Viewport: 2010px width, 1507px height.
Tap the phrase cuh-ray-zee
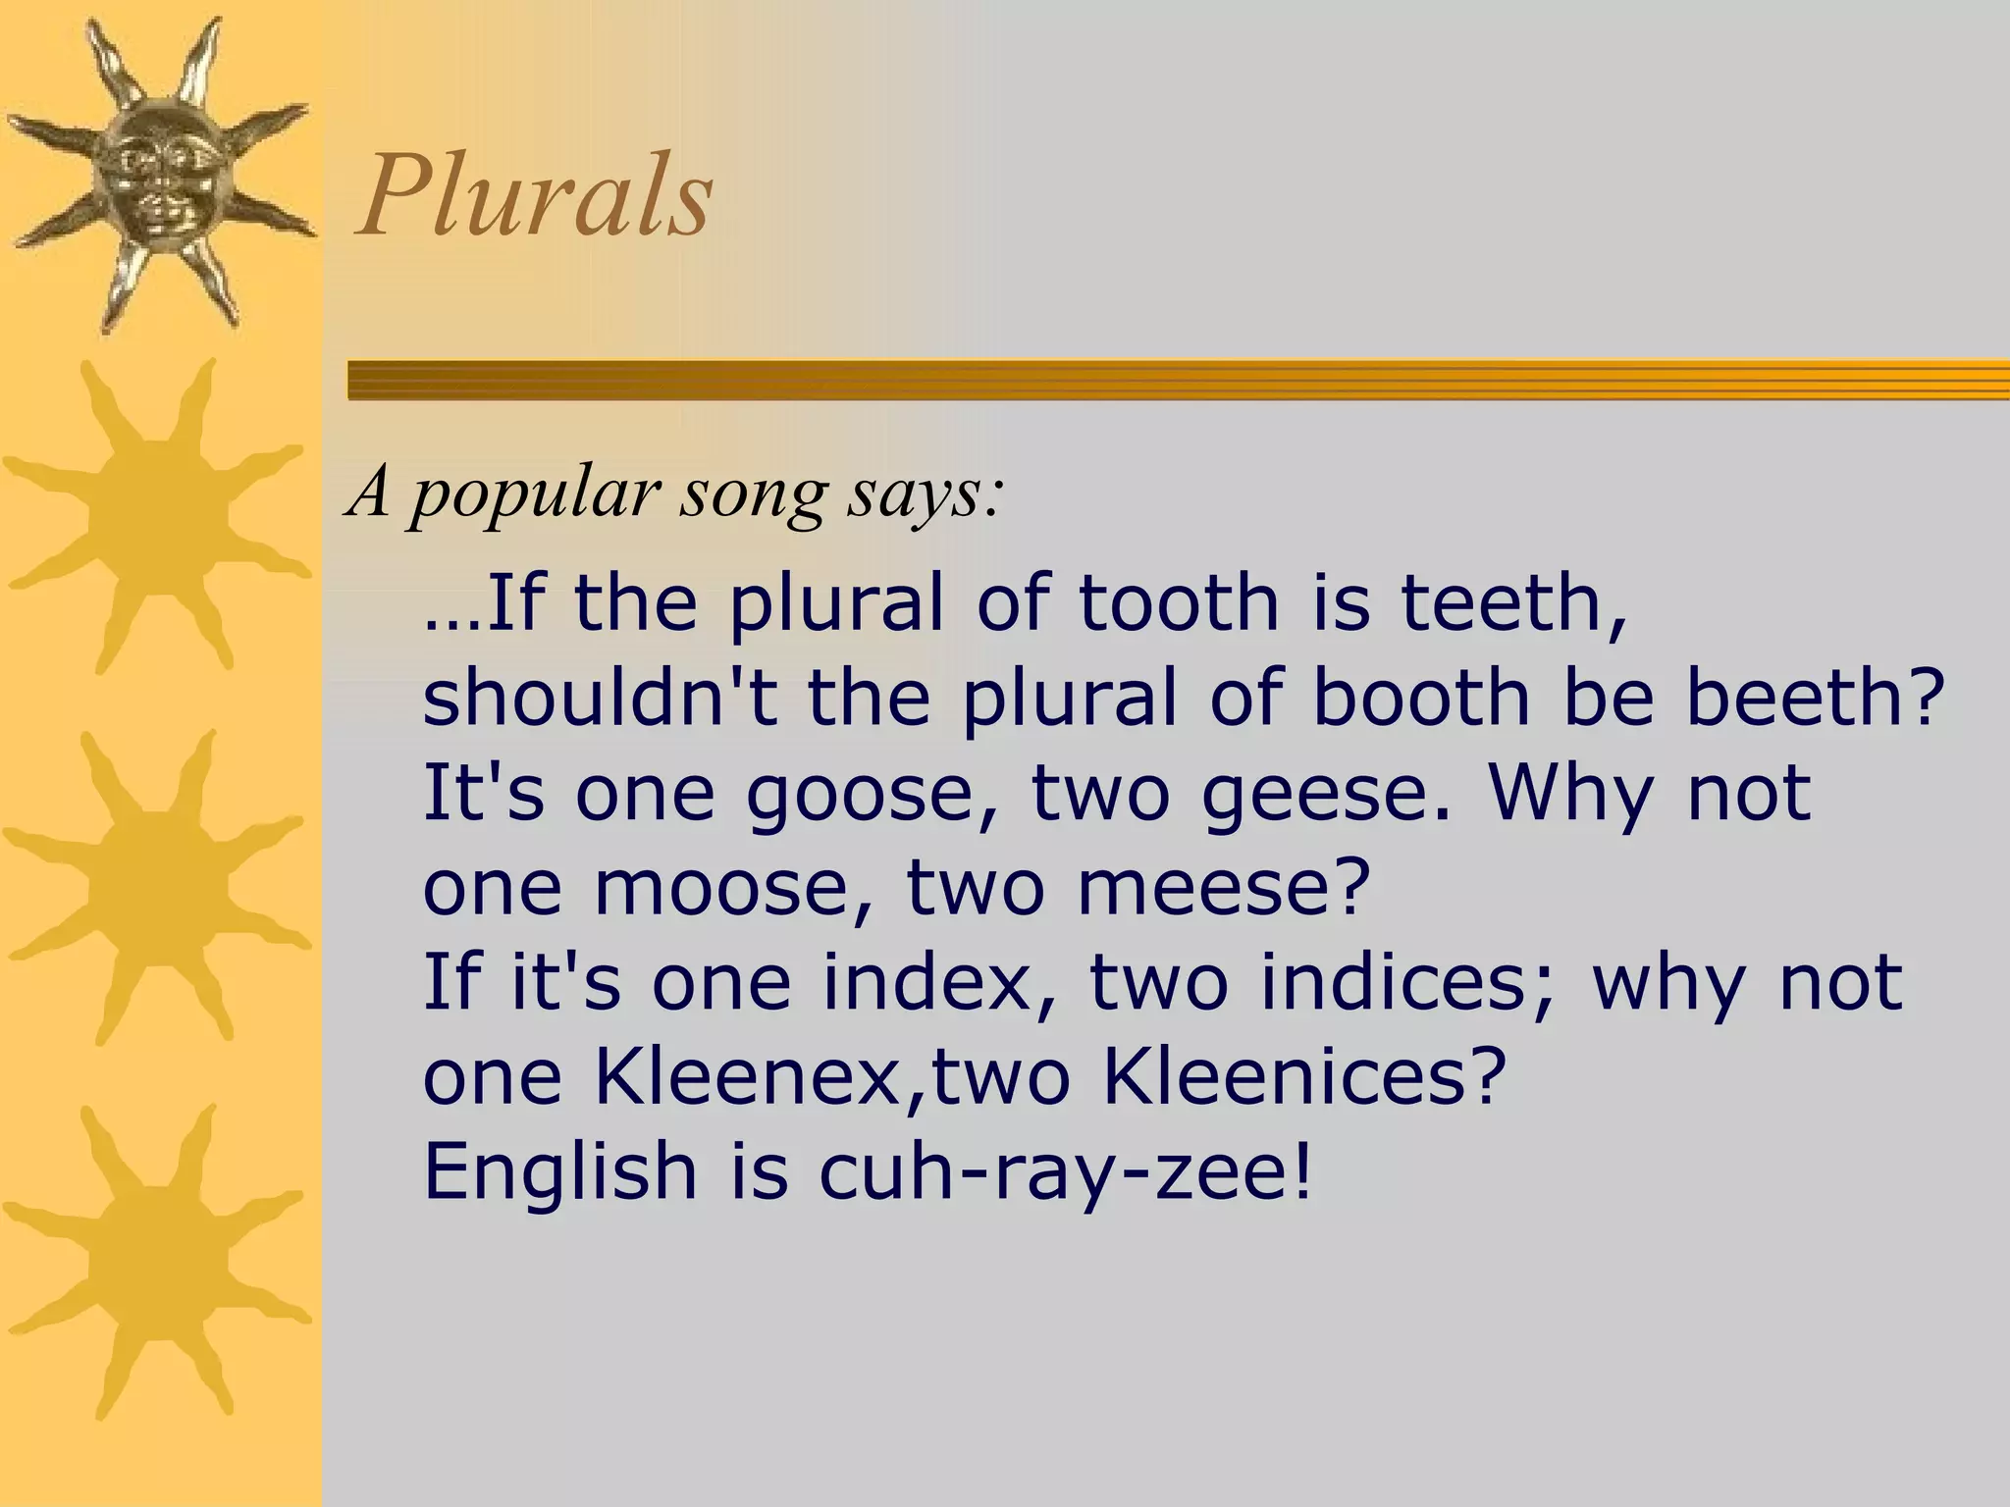[1065, 1172]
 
